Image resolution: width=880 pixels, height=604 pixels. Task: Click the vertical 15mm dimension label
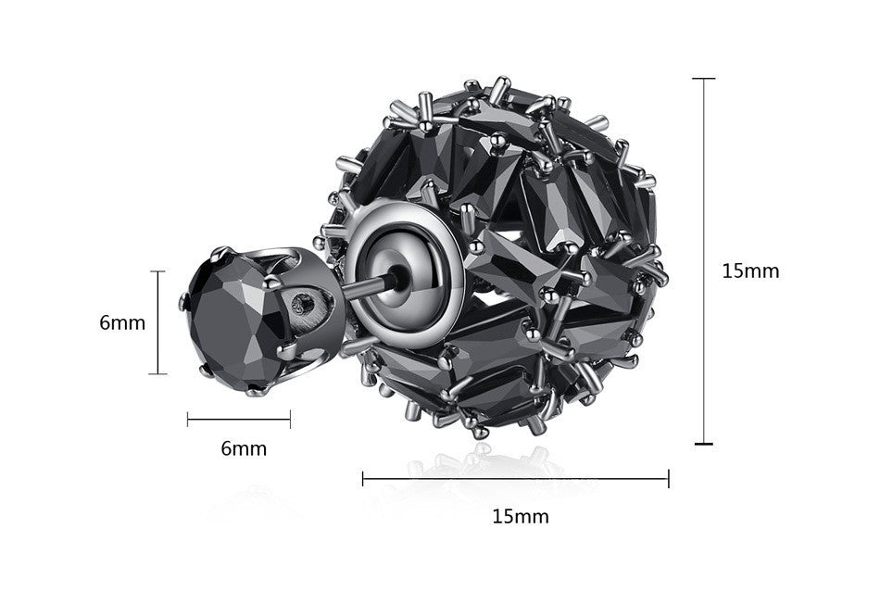point(750,271)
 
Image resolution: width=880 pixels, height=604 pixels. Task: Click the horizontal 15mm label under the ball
point(521,516)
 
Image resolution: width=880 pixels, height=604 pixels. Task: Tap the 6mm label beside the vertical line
point(122,322)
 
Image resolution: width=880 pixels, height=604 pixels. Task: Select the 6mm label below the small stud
point(244,448)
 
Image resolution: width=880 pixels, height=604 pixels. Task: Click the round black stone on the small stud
point(235,321)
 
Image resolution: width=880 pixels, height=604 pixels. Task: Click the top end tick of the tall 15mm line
point(703,79)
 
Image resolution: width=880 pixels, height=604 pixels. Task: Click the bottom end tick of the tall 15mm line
point(703,444)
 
